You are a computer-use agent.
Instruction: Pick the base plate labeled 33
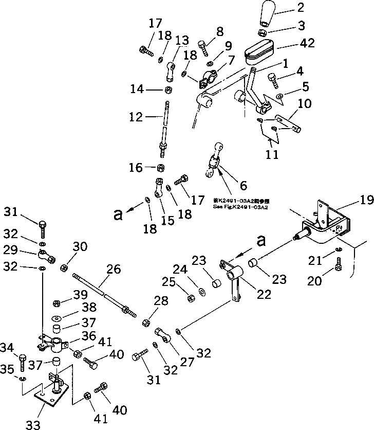tap(50, 397)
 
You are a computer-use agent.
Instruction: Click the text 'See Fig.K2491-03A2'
tap(241, 207)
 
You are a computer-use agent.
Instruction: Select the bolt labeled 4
tap(272, 80)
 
